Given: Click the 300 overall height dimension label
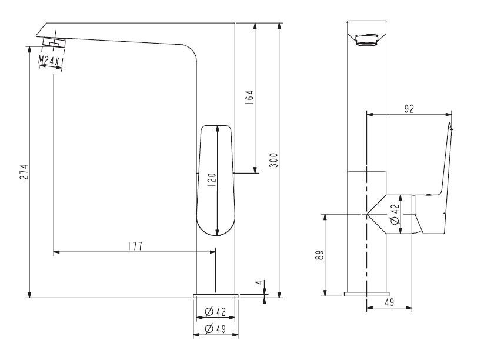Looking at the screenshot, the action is (274, 160).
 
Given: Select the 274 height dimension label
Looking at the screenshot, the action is (24, 172).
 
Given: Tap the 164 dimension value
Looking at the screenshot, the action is (249, 97).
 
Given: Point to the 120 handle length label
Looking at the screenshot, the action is (212, 181).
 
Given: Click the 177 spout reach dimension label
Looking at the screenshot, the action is (135, 246).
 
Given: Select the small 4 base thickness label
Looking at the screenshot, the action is (259, 282).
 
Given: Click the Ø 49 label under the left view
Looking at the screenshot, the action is (215, 329).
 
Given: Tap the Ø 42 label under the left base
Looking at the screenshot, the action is (215, 312).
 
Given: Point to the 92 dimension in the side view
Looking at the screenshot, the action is (409, 109).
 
